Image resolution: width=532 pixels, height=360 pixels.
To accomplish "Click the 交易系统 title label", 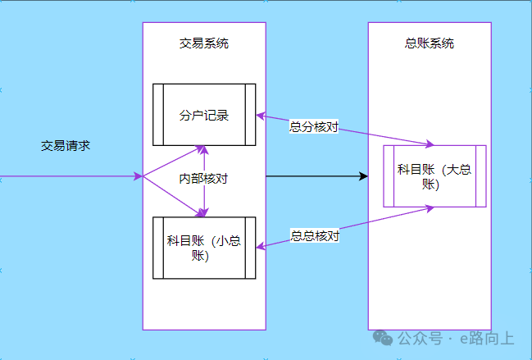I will point(203,43).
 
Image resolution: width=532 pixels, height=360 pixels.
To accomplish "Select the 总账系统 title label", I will point(430,43).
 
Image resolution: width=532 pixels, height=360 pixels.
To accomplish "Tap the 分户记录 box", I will point(204,115).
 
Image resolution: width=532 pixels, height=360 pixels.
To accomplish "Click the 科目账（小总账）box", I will point(204,248).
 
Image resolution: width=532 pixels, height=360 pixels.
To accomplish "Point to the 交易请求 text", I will point(66,146).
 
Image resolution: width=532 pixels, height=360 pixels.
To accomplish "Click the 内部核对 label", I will point(203,177).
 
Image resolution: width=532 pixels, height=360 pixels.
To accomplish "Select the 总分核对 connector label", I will point(314,127).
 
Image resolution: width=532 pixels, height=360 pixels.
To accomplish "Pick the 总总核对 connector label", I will point(315,235).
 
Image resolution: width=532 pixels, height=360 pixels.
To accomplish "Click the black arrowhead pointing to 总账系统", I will point(363,176).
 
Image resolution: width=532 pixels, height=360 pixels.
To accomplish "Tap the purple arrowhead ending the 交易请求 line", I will point(139,176).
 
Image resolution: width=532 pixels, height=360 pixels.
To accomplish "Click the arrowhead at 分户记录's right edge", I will point(261,116).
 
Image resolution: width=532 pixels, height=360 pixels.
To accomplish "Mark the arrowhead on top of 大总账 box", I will point(430,144).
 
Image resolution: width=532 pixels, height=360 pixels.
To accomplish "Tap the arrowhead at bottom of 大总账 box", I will point(430,208).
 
